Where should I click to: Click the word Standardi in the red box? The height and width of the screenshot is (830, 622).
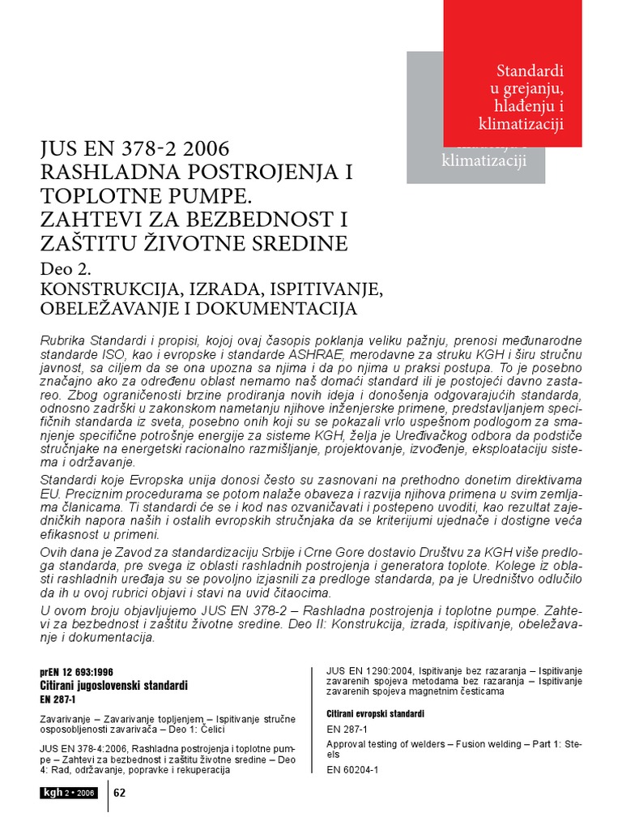pos(530,70)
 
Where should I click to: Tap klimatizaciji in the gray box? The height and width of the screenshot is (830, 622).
pos(484,160)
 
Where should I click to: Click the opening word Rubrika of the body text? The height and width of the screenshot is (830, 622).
pos(62,338)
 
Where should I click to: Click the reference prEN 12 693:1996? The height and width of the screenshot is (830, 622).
pos(77,673)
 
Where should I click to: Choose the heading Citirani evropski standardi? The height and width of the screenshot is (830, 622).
pos(375,714)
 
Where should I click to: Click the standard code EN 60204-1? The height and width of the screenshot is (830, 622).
pos(352,769)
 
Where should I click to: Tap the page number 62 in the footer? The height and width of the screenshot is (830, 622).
pos(120,792)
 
